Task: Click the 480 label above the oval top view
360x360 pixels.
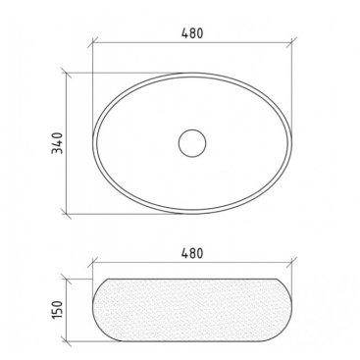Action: [x=192, y=33]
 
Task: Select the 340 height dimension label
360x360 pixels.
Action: [x=57, y=143]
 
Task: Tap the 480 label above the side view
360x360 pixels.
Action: [x=192, y=253]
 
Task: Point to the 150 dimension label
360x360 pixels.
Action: [x=57, y=310]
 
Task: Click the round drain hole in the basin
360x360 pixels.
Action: [x=192, y=143]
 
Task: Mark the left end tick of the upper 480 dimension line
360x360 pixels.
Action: [x=93, y=42]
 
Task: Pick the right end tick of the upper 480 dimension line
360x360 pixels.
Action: [x=291, y=42]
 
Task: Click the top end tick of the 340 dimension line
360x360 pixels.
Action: [x=67, y=73]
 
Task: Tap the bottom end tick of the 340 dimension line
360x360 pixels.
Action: [x=67, y=214]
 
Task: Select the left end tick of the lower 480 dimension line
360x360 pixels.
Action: [x=93, y=263]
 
